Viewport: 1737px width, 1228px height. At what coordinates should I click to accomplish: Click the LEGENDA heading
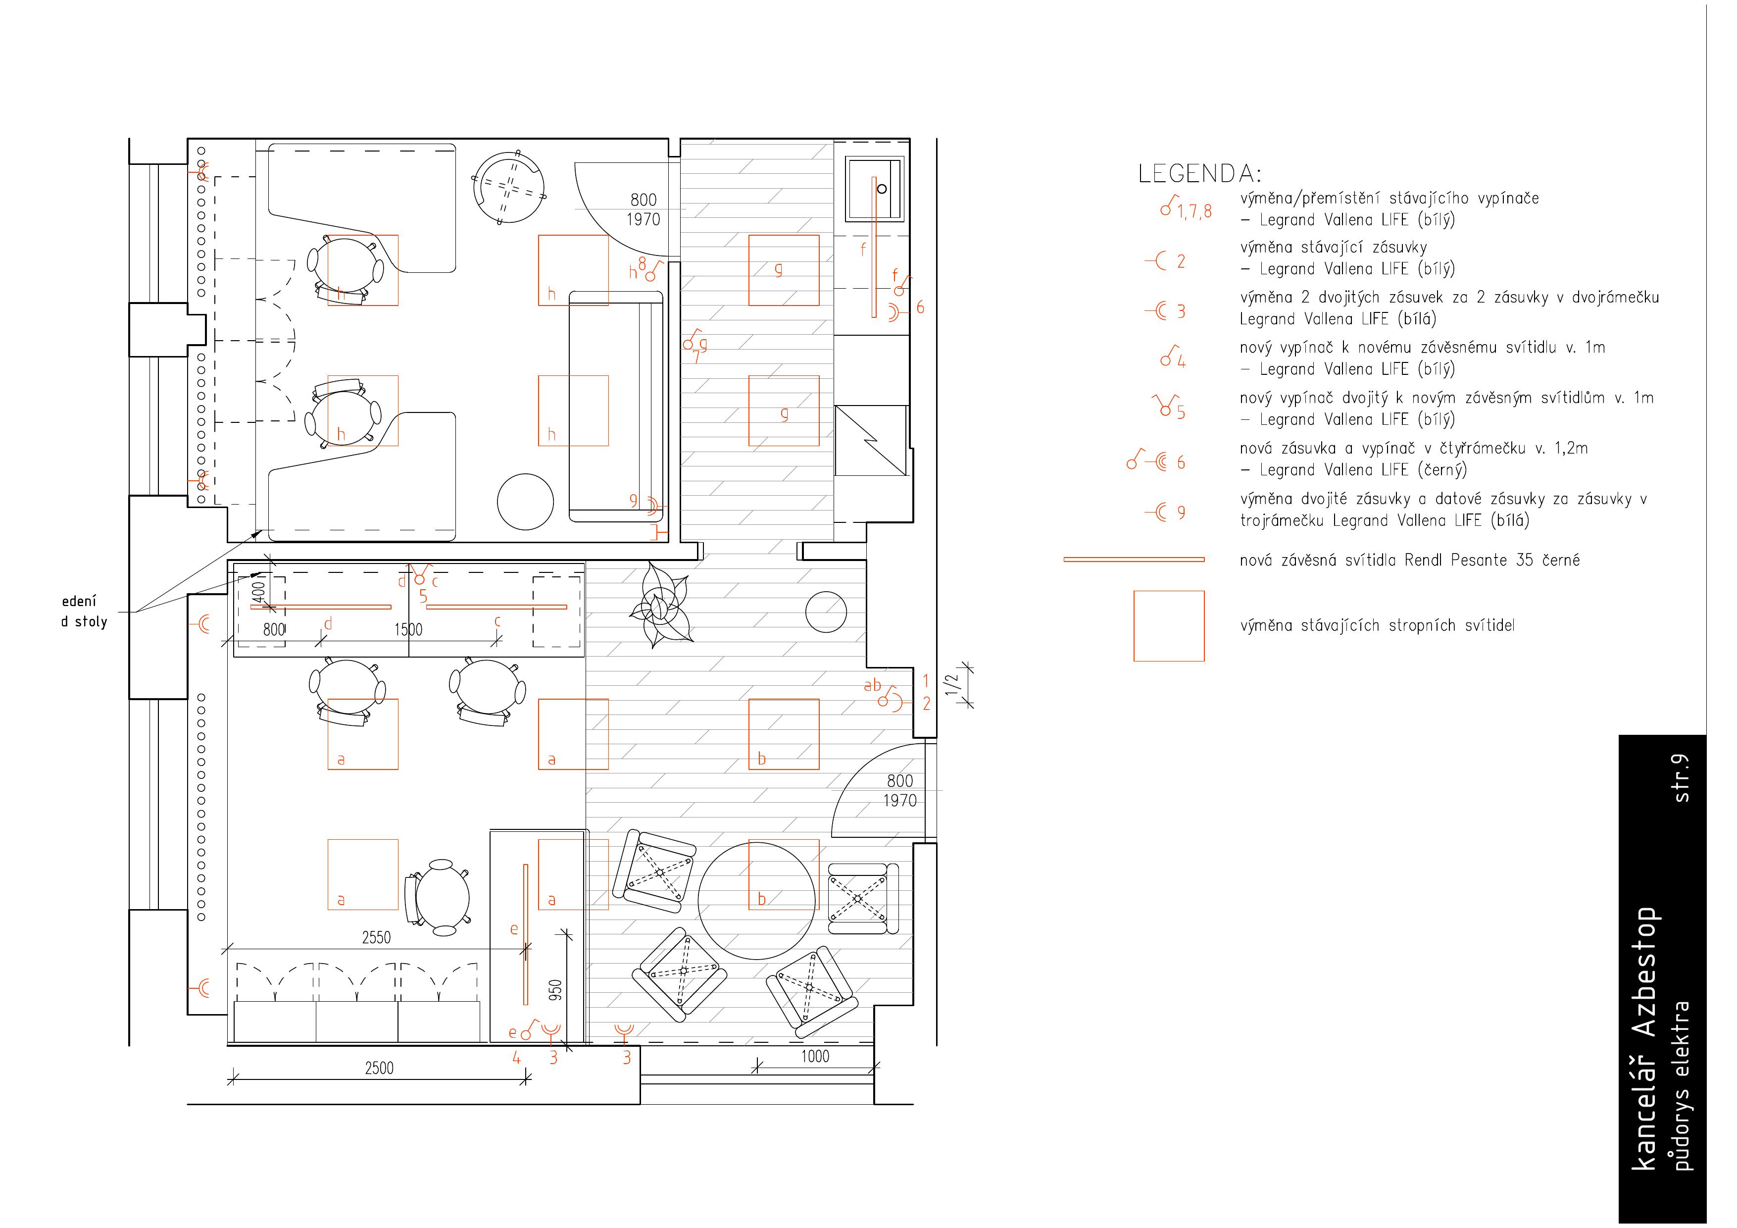point(1200,174)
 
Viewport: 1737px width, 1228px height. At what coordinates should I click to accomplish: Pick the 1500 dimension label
point(408,629)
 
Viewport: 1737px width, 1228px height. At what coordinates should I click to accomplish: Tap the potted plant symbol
point(660,605)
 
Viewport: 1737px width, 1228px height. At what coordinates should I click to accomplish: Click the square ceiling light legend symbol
point(1169,626)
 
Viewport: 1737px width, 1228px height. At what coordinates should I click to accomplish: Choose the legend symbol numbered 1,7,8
point(1186,207)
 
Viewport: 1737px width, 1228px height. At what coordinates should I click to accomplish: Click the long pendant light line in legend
point(1134,560)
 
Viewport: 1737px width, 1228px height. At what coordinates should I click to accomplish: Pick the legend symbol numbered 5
point(1168,407)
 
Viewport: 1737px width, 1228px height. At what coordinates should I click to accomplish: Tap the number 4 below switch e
point(517,1058)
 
